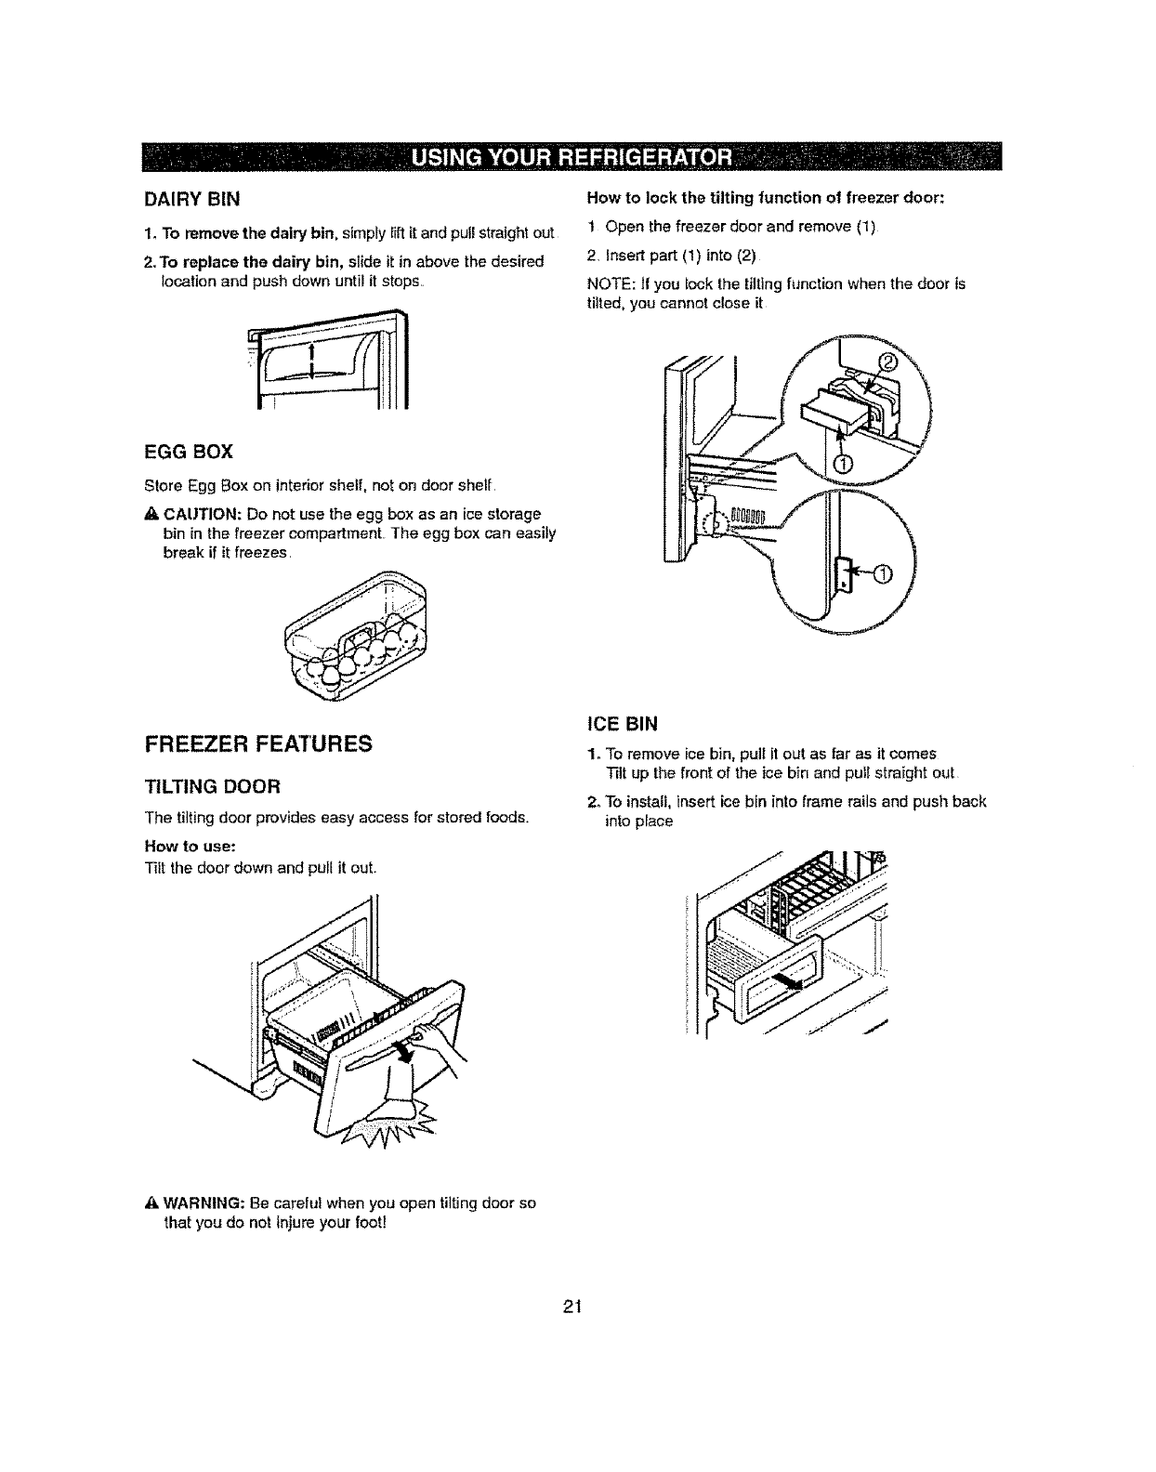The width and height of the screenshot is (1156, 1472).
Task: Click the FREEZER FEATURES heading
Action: (x=257, y=743)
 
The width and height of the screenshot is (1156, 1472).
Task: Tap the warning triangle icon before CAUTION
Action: (x=152, y=515)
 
